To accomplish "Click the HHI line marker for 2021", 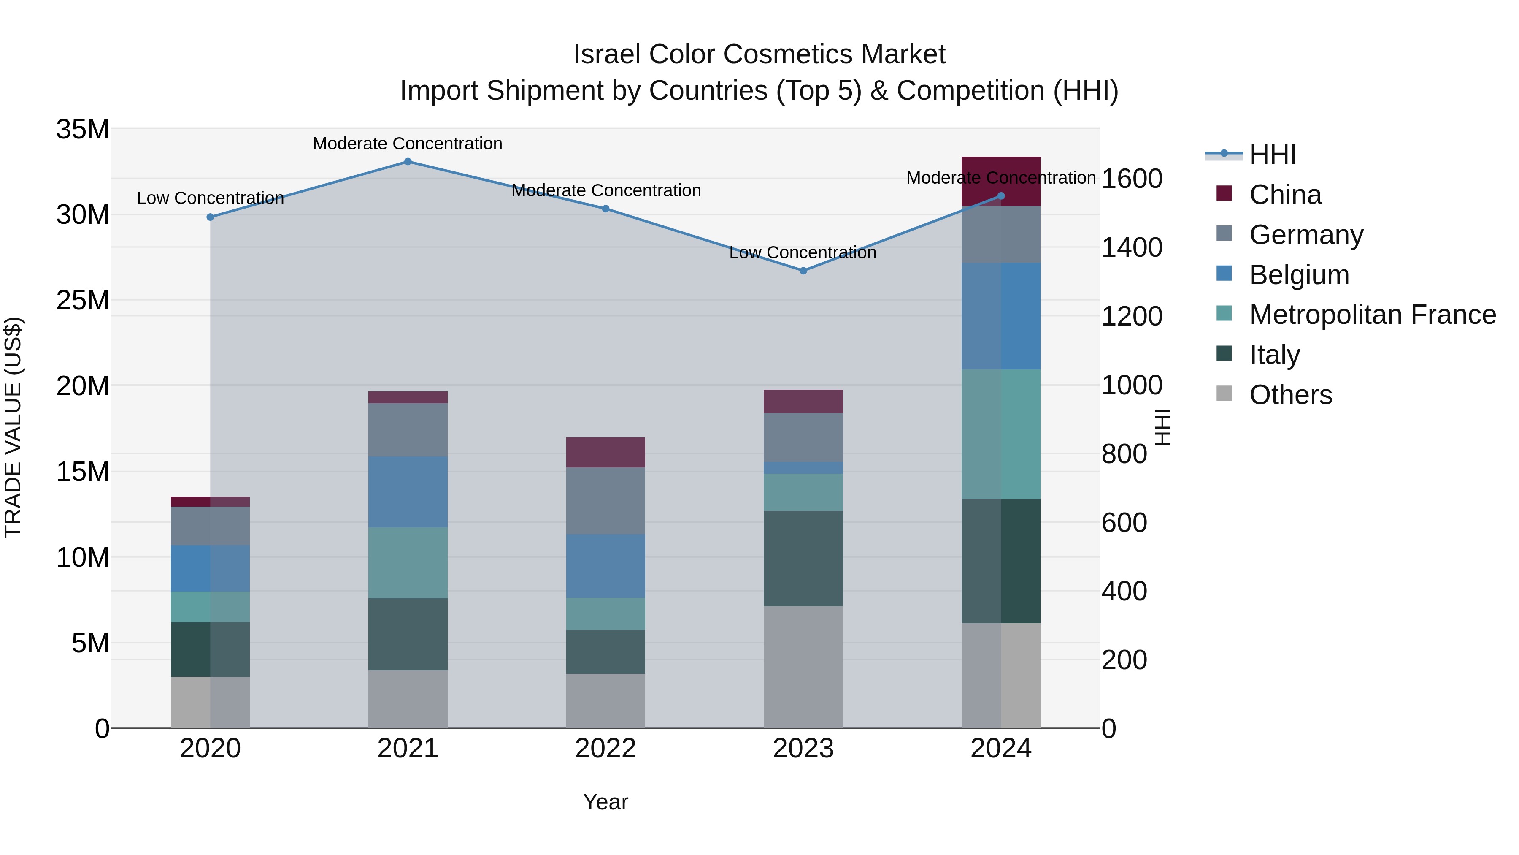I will click(408, 162).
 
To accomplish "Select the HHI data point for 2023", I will click(803, 271).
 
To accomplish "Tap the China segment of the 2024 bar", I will click(1001, 182).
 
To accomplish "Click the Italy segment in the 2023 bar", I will click(803, 558).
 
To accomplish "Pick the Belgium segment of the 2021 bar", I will click(408, 491).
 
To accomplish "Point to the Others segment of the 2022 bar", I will click(605, 701).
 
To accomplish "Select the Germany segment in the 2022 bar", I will click(605, 501).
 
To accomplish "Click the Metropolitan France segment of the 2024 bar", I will click(1001, 434).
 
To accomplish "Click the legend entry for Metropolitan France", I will click(1372, 315).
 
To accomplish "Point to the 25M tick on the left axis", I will click(83, 300).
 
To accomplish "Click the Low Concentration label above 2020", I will click(211, 198).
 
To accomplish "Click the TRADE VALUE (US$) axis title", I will click(14, 427).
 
